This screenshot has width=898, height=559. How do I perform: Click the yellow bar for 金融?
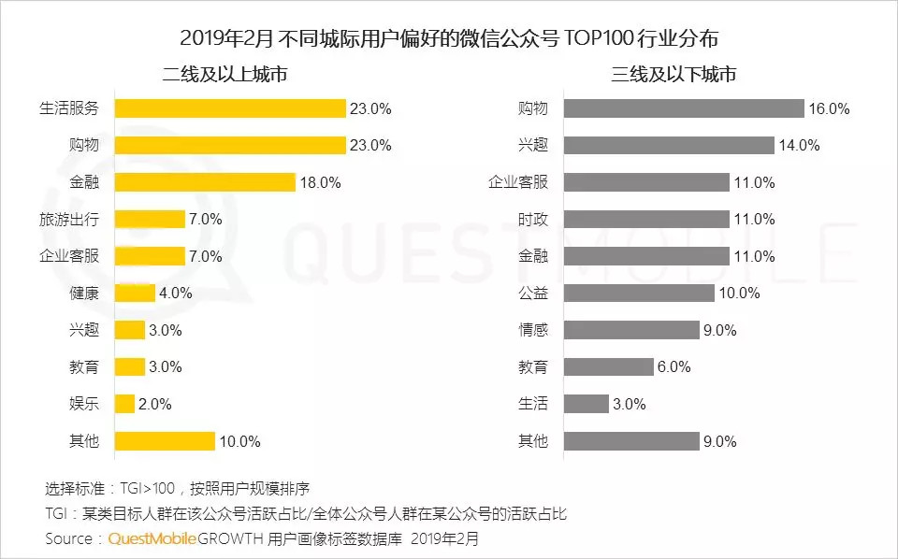[x=205, y=182]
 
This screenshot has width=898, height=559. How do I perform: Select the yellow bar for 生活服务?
[x=230, y=108]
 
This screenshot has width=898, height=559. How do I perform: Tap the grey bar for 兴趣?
[x=669, y=145]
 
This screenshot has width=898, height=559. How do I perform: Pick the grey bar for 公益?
[x=639, y=293]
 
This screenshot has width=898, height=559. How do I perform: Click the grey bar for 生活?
[x=587, y=404]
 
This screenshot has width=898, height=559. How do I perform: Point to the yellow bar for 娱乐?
[x=125, y=404]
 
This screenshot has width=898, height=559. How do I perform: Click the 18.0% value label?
[x=321, y=182]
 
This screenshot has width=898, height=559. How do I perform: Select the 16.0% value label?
[x=830, y=108]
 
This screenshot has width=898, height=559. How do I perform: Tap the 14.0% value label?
[x=799, y=145]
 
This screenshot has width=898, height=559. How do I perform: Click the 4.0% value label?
[x=175, y=293]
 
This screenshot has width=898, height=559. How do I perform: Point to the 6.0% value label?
[x=673, y=367]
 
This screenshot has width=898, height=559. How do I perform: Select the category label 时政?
[x=533, y=219]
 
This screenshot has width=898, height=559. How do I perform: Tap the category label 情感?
[x=533, y=330]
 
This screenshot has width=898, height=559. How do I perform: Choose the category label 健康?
[x=84, y=293]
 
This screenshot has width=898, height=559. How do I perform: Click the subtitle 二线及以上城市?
[x=224, y=74]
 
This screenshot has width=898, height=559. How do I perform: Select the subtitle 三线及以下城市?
[x=674, y=74]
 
